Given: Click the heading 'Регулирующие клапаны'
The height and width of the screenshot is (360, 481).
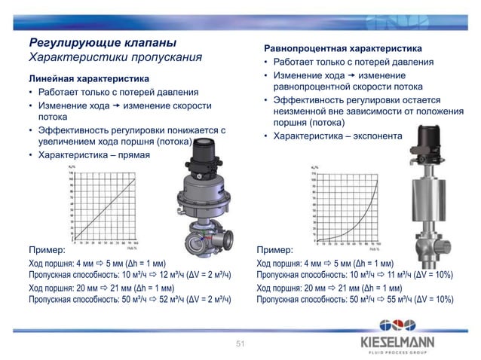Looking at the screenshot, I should pos(103,41).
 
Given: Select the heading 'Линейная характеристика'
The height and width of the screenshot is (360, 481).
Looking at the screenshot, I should pos(88,78).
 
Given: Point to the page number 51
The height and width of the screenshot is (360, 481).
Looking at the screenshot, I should pos(240,344).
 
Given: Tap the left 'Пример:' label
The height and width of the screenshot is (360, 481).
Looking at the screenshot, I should pos(47,249).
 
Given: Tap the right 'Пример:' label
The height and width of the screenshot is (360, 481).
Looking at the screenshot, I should pos(275,249).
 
